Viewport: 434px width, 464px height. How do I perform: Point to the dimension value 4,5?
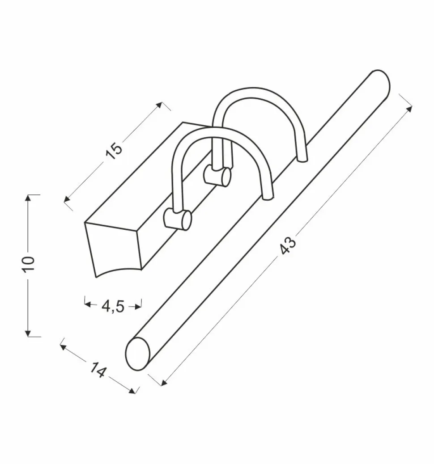[112, 307]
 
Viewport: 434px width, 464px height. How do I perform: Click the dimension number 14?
[98, 369]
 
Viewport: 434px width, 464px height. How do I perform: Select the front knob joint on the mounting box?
[177, 219]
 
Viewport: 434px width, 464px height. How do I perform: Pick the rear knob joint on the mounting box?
[217, 177]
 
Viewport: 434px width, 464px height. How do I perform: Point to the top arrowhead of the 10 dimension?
[28, 198]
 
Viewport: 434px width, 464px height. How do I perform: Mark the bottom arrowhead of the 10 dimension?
[28, 333]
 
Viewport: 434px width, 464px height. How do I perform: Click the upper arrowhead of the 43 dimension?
[408, 109]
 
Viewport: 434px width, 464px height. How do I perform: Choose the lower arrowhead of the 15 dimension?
[68, 199]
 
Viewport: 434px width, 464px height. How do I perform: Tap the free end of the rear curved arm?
[302, 160]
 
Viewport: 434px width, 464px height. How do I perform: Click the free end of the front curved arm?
[268, 198]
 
